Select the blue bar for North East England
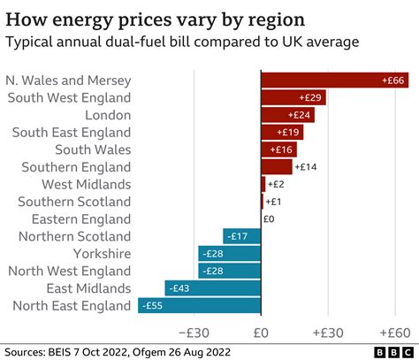(199, 306)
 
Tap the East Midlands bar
(212, 288)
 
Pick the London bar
(287, 115)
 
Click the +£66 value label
(394, 80)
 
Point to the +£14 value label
(306, 167)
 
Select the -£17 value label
(236, 236)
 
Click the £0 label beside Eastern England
(269, 219)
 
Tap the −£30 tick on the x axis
(194, 333)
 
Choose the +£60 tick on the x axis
(394, 333)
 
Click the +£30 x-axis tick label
(328, 333)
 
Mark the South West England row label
(69, 97)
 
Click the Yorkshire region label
(101, 254)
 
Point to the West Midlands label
(87, 184)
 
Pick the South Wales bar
(278, 149)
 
